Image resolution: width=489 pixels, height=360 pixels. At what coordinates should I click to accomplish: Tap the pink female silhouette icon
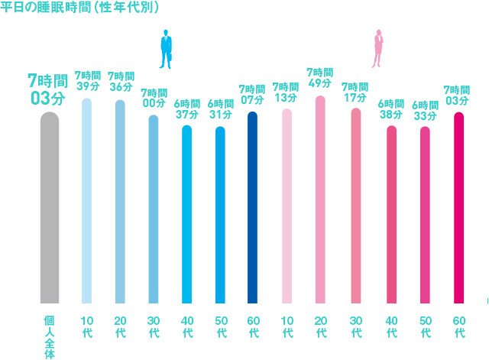click(x=377, y=50)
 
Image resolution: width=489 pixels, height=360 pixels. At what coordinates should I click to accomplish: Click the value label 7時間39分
click(x=87, y=81)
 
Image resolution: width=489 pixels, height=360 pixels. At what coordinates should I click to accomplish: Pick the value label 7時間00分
click(x=154, y=98)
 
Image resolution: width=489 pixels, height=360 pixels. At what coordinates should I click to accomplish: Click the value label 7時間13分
click(x=286, y=92)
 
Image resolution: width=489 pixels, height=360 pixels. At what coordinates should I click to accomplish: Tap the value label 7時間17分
click(x=355, y=92)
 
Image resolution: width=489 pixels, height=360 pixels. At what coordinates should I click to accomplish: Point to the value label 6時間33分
click(x=425, y=110)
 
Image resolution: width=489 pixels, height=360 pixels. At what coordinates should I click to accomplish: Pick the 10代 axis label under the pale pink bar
click(x=287, y=326)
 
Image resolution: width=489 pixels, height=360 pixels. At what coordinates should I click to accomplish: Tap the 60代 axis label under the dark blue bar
click(x=254, y=326)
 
